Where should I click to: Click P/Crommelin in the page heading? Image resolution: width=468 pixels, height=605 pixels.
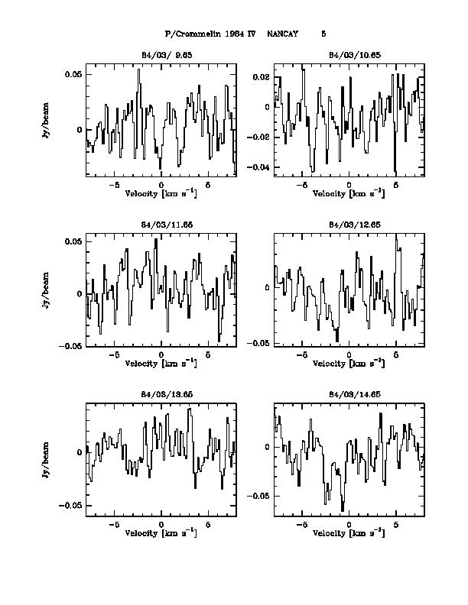187,34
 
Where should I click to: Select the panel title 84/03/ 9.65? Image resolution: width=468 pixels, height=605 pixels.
161,55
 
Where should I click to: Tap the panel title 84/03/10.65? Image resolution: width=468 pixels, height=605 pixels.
348,55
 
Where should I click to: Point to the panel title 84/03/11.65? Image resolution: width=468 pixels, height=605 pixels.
161,225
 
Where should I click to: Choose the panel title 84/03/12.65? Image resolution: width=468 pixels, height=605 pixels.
348,225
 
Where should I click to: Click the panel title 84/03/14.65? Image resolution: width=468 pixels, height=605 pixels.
348,395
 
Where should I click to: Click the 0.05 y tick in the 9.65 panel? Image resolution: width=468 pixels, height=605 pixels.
73,74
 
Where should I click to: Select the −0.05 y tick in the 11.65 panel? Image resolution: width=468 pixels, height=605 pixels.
71,346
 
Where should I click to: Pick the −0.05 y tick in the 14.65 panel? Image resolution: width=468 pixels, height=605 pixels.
259,496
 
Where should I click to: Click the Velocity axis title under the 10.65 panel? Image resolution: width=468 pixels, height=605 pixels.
348,193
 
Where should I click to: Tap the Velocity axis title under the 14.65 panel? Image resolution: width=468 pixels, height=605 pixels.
348,532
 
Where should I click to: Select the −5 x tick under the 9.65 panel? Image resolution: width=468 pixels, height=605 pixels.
114,185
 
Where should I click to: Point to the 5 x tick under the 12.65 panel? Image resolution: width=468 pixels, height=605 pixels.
395,354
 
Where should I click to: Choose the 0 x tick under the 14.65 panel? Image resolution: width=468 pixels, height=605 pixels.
349,525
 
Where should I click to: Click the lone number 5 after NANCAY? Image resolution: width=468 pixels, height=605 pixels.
323,34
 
